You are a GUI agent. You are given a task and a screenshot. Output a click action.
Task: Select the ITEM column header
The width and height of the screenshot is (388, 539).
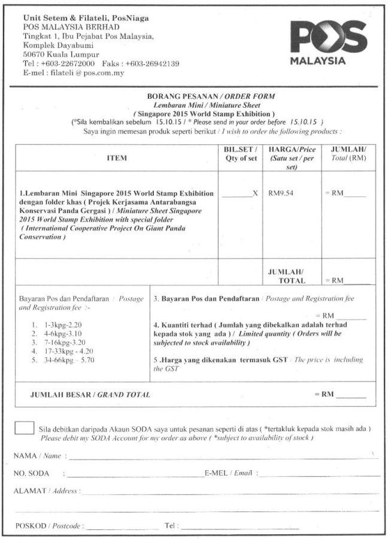click(x=116, y=158)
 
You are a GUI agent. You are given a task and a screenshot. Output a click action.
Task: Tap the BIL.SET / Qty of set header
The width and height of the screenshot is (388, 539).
click(x=238, y=154)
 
